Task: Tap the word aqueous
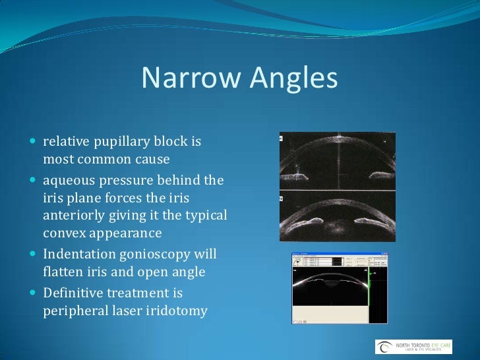[69, 181]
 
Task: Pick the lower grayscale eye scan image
[337, 218]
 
